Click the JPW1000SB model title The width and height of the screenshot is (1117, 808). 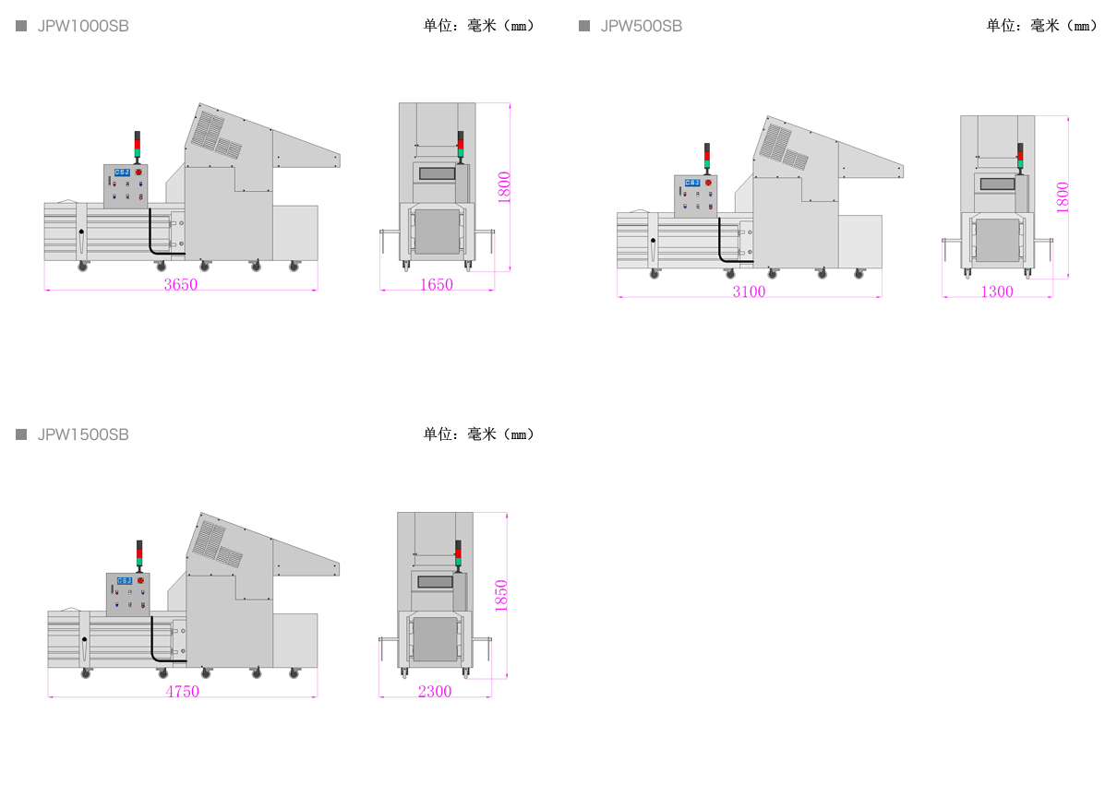tap(83, 26)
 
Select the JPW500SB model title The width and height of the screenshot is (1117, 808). tap(642, 26)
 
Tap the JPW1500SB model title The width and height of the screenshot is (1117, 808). tap(83, 434)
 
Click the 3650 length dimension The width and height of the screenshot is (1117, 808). tap(181, 284)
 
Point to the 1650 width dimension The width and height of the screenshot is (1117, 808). tap(437, 284)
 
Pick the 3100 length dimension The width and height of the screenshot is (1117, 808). tap(749, 291)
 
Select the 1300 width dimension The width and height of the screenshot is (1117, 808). tap(997, 291)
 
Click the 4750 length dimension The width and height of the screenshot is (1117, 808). tap(183, 692)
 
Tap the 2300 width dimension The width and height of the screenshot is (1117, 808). tap(435, 692)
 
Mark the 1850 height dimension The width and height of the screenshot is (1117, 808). tap(501, 596)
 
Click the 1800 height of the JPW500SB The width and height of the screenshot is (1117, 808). tap(1063, 197)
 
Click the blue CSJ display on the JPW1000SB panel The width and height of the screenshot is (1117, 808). tap(122, 172)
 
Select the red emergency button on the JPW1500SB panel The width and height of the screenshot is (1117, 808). tap(140, 580)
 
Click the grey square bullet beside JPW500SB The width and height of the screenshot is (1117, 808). tap(584, 26)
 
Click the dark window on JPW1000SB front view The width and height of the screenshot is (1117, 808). tap(438, 173)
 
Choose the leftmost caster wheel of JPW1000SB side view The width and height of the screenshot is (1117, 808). tap(83, 267)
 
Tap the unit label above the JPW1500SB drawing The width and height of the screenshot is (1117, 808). tap(479, 434)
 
